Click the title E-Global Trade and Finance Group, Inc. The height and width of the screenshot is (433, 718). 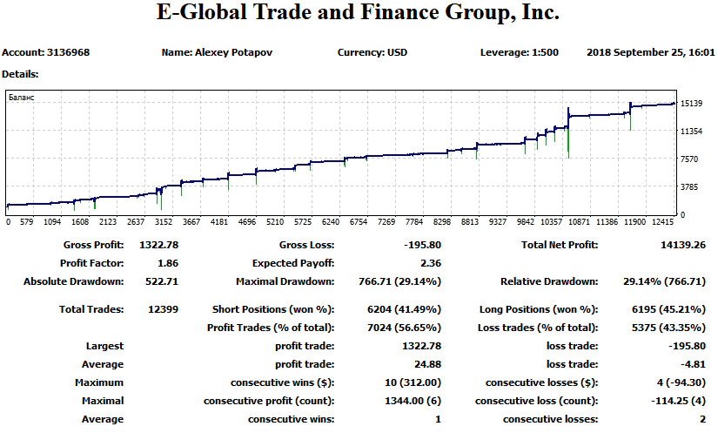(358, 14)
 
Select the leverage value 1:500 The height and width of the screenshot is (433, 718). (544, 52)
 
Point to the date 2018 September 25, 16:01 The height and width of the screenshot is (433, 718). (650, 52)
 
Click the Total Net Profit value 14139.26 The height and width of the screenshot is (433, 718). (683, 245)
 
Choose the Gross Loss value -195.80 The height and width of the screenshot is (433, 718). (423, 245)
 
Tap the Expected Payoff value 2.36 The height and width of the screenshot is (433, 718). (431, 263)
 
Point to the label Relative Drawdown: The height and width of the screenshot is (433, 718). (549, 281)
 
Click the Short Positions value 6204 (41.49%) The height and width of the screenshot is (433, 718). (405, 309)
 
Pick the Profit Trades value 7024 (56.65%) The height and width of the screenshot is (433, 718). (405, 328)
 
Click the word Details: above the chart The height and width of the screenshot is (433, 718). (20, 74)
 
